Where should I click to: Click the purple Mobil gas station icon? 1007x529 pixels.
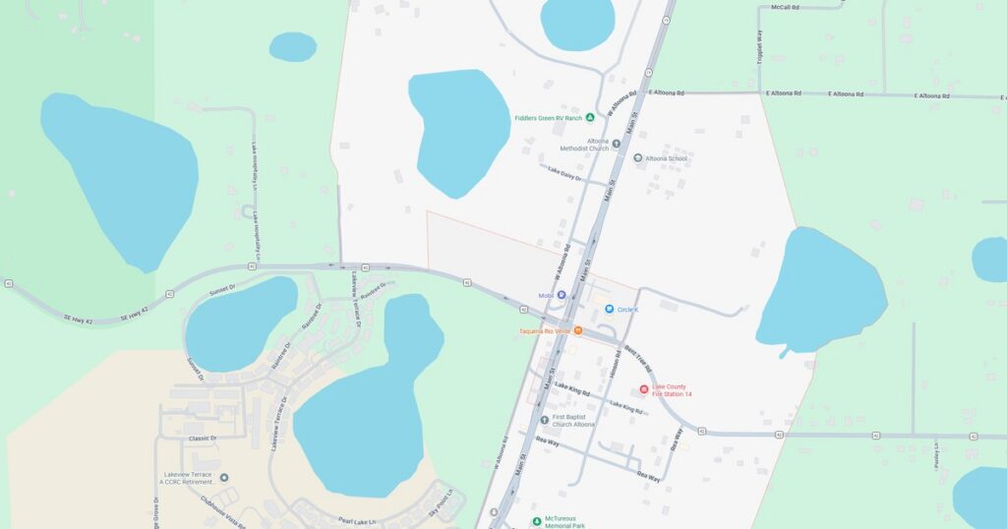(562, 295)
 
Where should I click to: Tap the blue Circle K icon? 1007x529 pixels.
(610, 309)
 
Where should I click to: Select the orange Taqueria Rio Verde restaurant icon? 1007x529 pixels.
(578, 330)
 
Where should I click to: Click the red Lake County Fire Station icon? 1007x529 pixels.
(644, 389)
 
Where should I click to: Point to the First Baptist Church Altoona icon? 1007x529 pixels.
(544, 420)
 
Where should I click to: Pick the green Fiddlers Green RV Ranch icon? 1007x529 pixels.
(590, 118)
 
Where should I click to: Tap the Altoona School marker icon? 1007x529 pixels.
(637, 158)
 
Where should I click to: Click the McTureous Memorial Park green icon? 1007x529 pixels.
(536, 520)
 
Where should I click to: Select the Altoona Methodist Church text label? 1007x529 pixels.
(584, 145)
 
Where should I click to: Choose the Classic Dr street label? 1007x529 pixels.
(203, 438)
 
